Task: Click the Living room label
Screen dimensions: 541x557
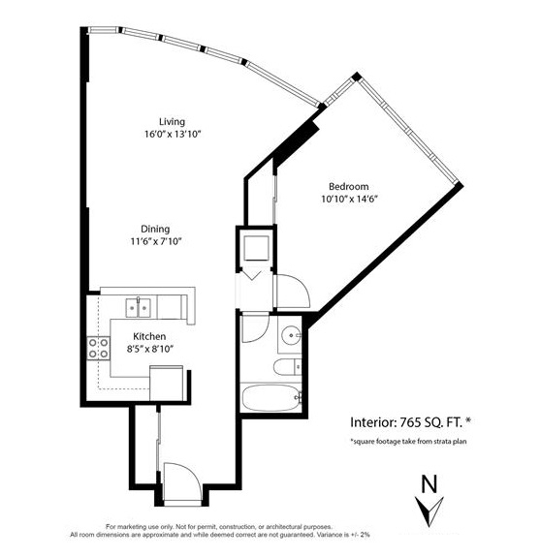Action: coord(172,122)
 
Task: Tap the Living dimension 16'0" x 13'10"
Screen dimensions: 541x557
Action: coord(173,135)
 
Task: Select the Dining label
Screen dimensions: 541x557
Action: coord(155,230)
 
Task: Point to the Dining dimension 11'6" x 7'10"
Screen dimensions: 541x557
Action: coord(156,241)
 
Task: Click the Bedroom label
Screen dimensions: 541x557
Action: coord(349,187)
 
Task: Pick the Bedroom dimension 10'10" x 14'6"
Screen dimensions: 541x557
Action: coord(349,199)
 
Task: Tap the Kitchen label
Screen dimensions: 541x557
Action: coord(149,336)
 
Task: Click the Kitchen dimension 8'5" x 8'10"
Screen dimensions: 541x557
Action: coord(150,349)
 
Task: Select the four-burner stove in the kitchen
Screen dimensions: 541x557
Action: coord(99,348)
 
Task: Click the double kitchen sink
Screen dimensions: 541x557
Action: coord(138,308)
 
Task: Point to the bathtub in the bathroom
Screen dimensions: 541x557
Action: coord(270,398)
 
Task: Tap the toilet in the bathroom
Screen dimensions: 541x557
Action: coord(287,366)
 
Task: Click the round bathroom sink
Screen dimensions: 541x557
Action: coord(291,335)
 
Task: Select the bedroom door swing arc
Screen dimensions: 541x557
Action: coord(302,284)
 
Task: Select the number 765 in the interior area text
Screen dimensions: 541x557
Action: coord(410,422)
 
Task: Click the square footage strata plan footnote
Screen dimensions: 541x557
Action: coord(408,442)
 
